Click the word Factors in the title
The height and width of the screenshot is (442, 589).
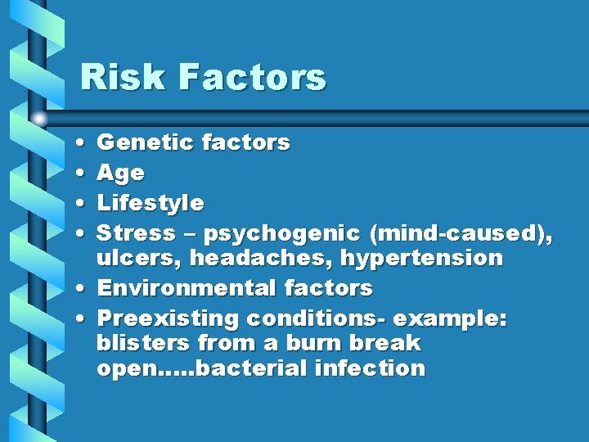(x=251, y=78)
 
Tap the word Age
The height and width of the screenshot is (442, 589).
(x=120, y=174)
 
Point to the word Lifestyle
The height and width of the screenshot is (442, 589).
(x=151, y=203)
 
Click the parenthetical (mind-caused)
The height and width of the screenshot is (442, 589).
(x=461, y=233)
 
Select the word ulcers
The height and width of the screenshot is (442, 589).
(x=136, y=259)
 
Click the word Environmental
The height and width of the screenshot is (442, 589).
(x=187, y=288)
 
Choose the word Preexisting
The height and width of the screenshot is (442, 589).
(x=168, y=318)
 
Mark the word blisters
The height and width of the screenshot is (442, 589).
(x=143, y=343)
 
